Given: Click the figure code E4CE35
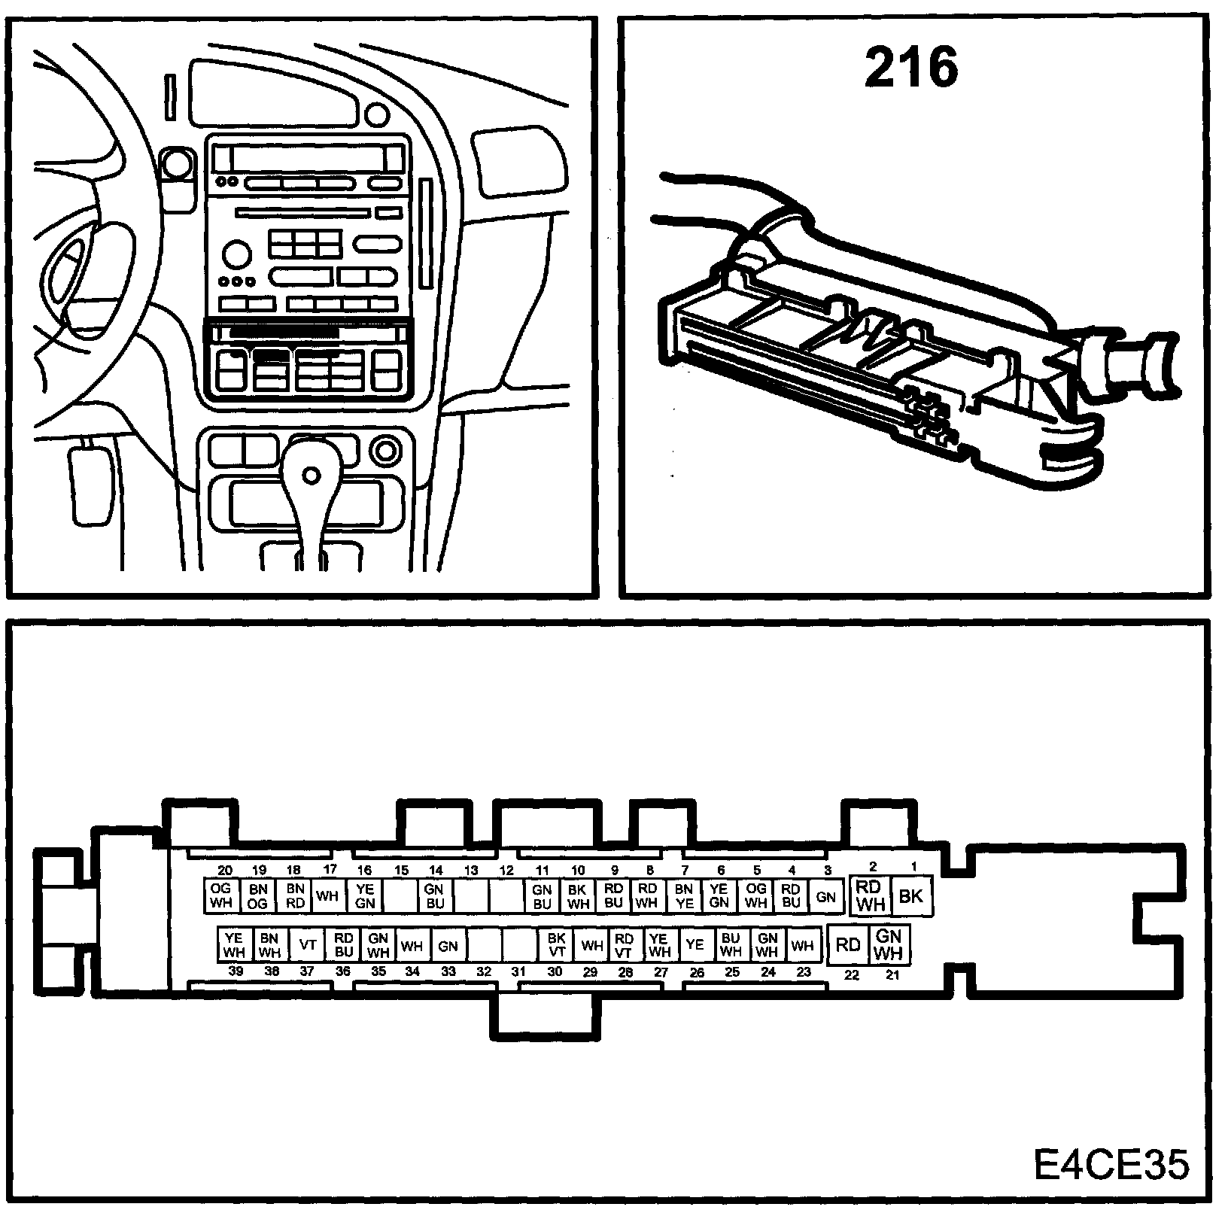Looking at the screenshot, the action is [x=1111, y=1164].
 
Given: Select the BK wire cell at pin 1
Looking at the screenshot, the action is [x=910, y=896].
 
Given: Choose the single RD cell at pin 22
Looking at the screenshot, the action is [x=848, y=944].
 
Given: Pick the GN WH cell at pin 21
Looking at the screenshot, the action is [x=889, y=944].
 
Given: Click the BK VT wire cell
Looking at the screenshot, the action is [x=556, y=944].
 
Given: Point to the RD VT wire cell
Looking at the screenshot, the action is [x=624, y=944].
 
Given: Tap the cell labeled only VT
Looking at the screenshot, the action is [x=307, y=944].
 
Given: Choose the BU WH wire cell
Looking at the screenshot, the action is [x=730, y=944].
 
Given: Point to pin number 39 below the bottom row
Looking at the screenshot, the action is [x=236, y=971].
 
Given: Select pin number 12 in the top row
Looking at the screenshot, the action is [x=506, y=871].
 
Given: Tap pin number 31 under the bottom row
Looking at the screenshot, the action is [x=518, y=971].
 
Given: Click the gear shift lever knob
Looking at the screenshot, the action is [x=311, y=475].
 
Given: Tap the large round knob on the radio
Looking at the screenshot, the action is [x=236, y=251].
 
